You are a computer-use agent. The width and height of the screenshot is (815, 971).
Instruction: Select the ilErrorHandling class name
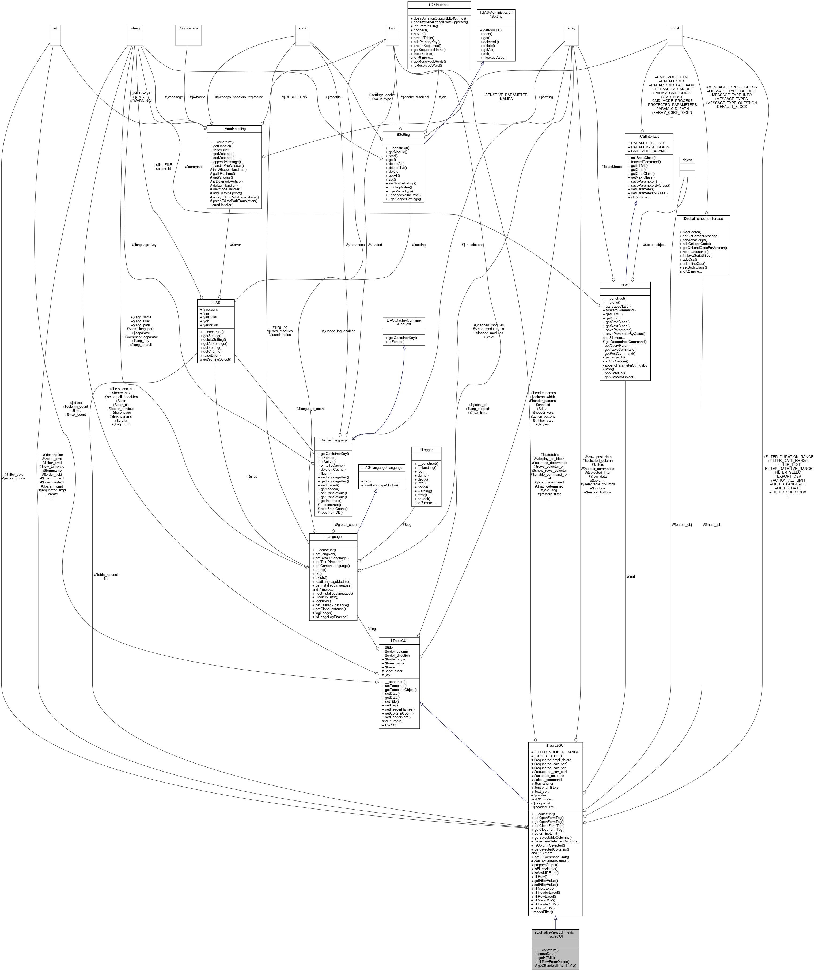pyautogui.click(x=234, y=129)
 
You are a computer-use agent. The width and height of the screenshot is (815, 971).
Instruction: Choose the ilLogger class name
pyautogui.click(x=426, y=449)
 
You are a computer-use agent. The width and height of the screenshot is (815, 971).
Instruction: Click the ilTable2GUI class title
pyautogui.click(x=555, y=746)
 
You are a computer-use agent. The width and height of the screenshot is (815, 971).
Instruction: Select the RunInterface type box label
pyautogui.click(x=188, y=28)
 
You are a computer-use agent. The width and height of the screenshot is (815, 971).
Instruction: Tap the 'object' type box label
pyautogui.click(x=687, y=160)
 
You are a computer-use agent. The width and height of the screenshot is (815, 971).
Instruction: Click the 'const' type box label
pyautogui.click(x=675, y=28)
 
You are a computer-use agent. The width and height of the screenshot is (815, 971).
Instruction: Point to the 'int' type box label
pyautogui.click(x=55, y=28)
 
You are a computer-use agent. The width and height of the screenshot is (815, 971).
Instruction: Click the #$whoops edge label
pyautogui.click(x=198, y=97)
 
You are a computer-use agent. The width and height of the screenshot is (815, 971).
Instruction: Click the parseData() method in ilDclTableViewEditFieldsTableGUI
pyautogui.click(x=545, y=953)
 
